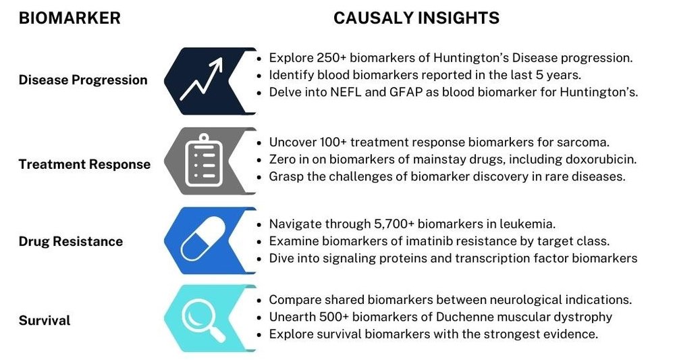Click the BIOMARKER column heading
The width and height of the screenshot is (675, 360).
click(x=70, y=18)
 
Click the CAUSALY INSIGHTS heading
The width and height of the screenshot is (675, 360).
click(x=416, y=18)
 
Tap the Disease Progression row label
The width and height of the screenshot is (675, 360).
click(x=83, y=80)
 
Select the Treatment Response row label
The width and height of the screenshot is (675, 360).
click(x=85, y=165)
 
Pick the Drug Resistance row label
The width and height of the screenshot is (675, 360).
click(x=71, y=241)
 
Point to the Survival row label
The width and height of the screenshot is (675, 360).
click(x=45, y=320)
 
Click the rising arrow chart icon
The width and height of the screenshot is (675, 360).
click(x=201, y=79)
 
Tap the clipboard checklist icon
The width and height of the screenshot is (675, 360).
click(x=204, y=160)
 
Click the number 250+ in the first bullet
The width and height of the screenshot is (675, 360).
click(x=331, y=57)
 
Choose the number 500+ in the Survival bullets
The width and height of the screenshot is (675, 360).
click(x=334, y=317)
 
